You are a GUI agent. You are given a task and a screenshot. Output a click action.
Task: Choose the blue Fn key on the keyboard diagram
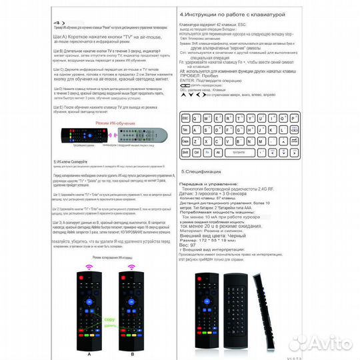(x=207, y=152)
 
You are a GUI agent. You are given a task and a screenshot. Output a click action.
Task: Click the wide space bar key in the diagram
(x=240, y=152)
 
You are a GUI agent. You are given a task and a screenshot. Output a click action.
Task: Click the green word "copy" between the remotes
(x=108, y=320)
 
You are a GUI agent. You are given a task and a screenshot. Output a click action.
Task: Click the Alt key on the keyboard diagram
(x=218, y=152)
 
